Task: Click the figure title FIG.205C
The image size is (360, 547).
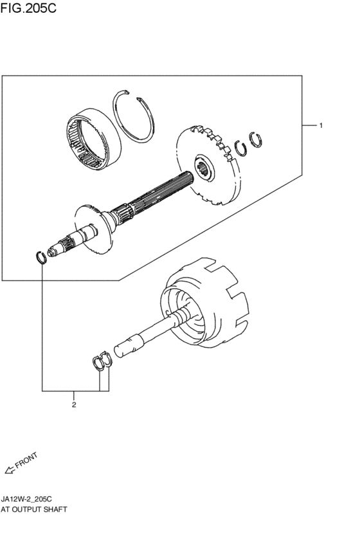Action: [x=28, y=8]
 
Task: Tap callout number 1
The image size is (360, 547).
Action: [x=321, y=125]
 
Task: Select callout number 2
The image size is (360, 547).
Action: [x=73, y=405]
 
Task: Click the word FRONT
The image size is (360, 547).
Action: [x=26, y=460]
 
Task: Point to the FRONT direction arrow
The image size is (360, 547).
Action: [x=10, y=471]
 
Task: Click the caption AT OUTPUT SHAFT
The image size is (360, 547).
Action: [x=34, y=509]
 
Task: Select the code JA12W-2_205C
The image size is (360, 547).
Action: [x=26, y=499]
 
